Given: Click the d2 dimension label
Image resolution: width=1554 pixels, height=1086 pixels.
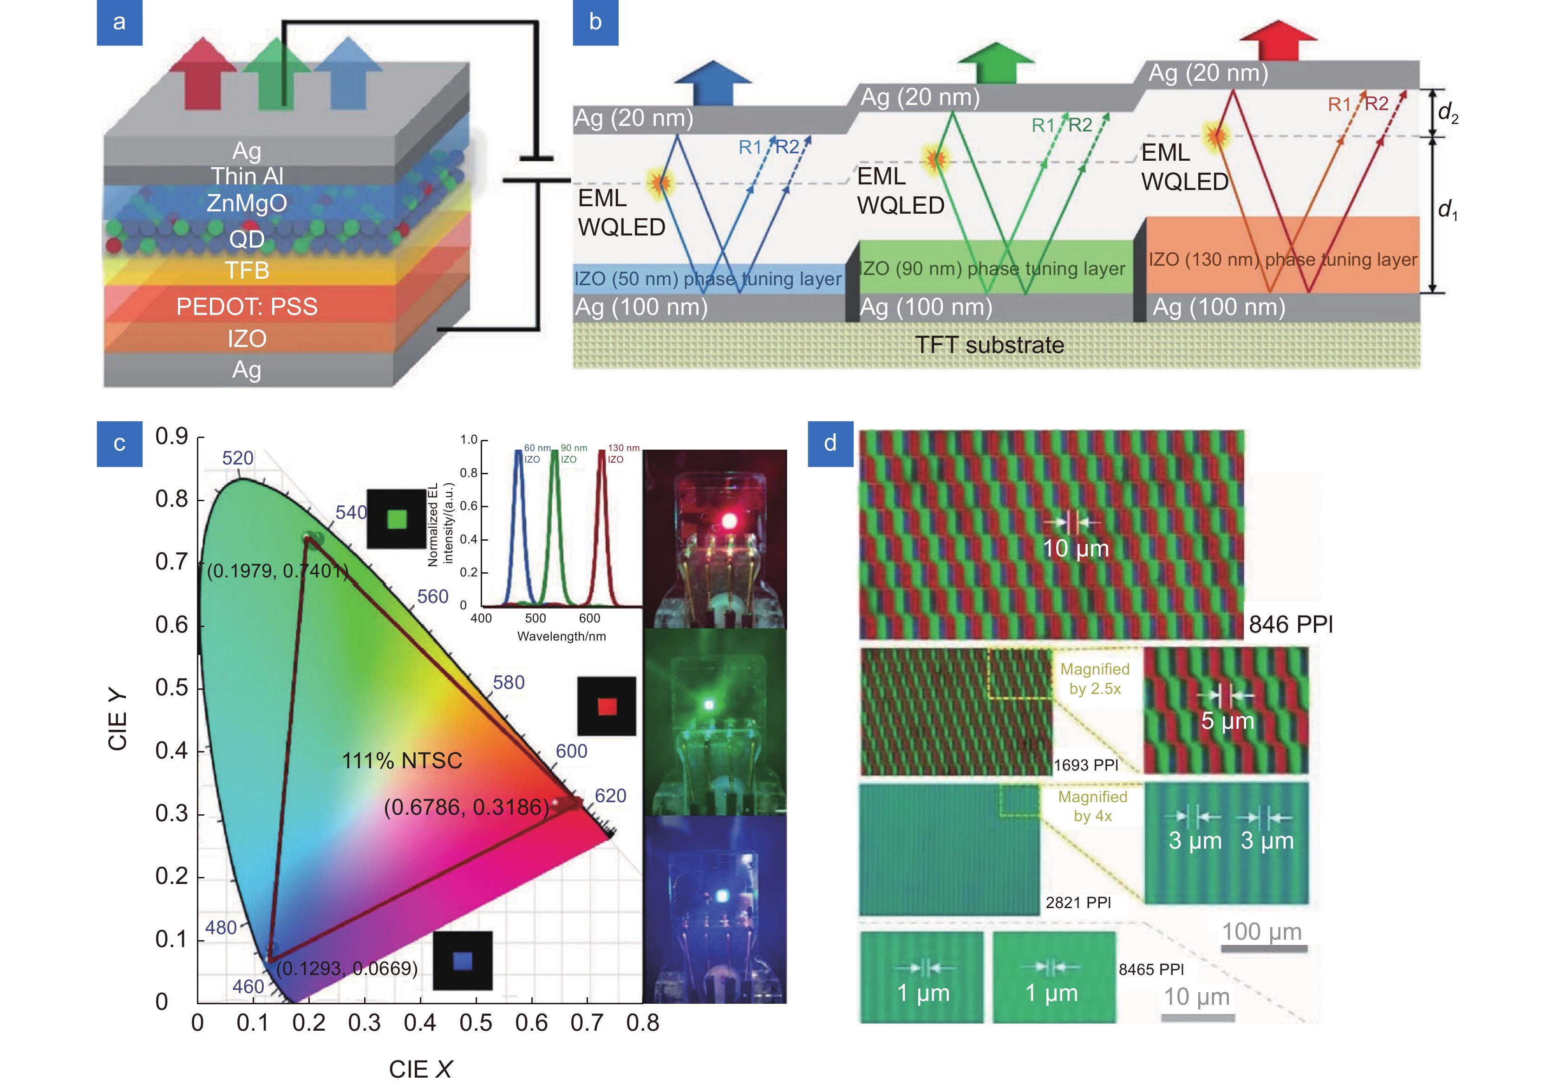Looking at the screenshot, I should point(1447,112).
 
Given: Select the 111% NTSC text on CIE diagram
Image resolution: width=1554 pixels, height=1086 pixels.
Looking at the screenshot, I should point(402,760).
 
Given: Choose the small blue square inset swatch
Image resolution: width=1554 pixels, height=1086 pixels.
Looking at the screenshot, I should point(462,960).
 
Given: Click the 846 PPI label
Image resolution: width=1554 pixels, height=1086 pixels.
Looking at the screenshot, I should point(1290,624).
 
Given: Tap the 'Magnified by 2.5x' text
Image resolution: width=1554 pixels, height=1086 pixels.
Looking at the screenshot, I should point(1094,679).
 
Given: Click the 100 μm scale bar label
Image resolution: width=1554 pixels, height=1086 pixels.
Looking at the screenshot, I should point(1261,932).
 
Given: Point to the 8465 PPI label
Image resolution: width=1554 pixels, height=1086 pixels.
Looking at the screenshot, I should point(1150,969).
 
